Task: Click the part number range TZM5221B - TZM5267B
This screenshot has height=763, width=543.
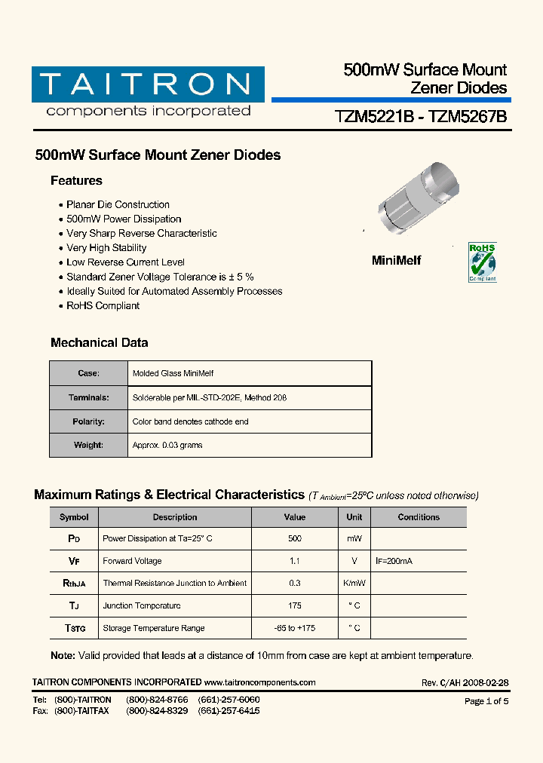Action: coord(420,117)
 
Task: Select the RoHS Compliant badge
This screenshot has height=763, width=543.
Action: coord(483,262)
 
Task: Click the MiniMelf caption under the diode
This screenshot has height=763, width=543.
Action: coord(396,260)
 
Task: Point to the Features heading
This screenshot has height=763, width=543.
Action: coord(76,181)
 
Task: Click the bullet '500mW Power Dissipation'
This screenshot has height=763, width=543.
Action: coord(124,219)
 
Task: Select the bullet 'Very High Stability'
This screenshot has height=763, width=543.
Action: coord(106,248)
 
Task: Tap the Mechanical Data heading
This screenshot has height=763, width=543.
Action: coord(99,343)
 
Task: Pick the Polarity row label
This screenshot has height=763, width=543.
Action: coord(88,421)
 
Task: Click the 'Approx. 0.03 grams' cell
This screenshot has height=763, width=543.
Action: coord(167,446)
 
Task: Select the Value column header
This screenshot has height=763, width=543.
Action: coord(294,517)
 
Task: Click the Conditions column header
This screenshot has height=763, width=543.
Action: coord(419,517)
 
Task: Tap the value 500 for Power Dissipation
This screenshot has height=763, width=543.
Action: coord(294,538)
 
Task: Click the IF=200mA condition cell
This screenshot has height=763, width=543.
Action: coord(394,561)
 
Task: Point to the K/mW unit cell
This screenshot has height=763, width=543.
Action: coord(354,584)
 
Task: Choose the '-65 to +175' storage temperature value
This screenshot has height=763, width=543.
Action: coord(294,628)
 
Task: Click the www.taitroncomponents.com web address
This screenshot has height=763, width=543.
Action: coord(259,682)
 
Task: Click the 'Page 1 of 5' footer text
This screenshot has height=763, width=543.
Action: coord(486,701)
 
